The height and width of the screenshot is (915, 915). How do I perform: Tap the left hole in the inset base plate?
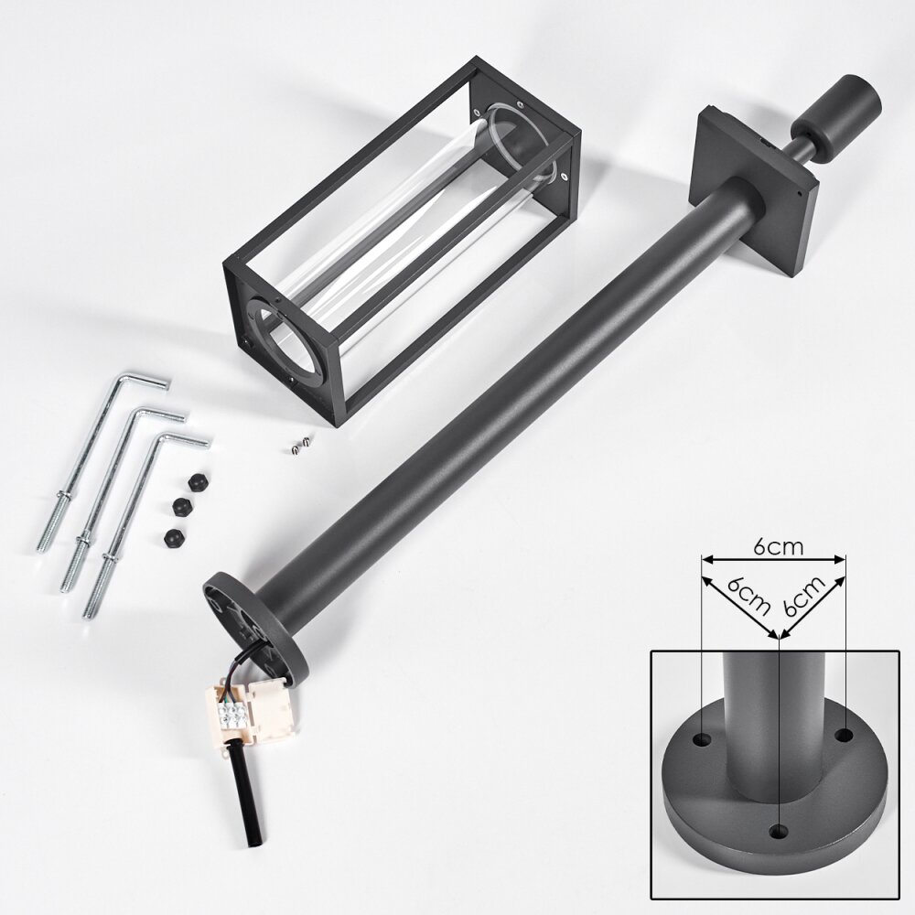(x=701, y=740)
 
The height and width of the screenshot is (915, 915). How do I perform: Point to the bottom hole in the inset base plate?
(x=778, y=831)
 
